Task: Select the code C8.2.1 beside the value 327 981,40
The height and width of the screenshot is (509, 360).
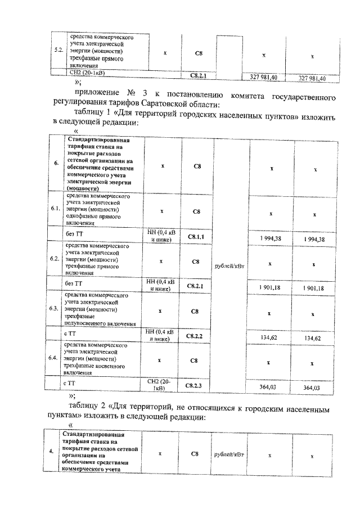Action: (197, 76)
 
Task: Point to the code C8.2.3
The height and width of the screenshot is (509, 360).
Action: (197, 385)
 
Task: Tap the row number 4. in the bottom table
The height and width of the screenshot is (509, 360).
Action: (52, 452)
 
